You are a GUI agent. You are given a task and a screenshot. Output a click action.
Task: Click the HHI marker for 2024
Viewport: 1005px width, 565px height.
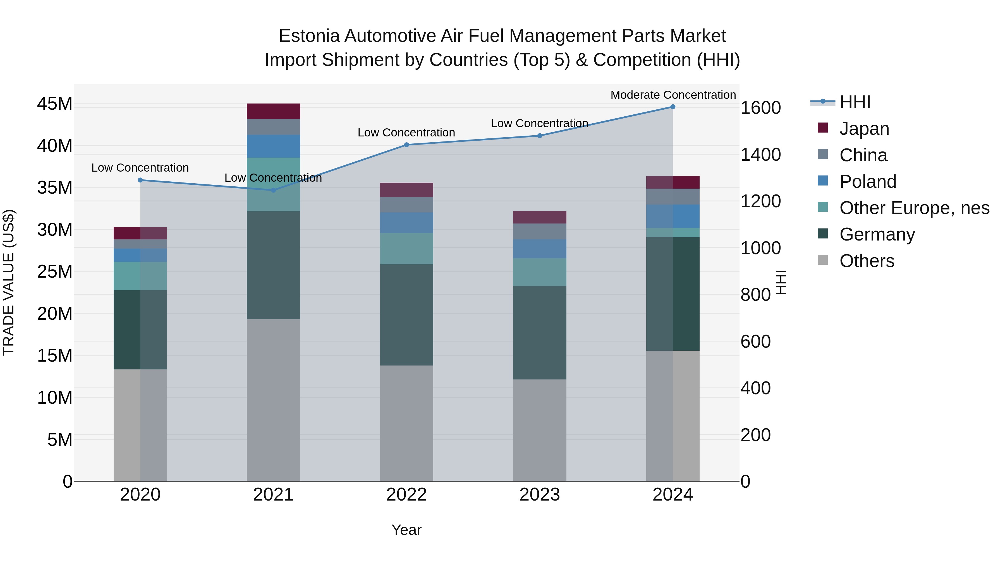[673, 107]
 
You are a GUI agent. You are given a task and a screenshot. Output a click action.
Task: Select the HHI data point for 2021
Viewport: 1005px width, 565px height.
[273, 190]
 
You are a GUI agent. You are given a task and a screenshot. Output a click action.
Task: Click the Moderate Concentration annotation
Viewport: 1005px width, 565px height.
[673, 95]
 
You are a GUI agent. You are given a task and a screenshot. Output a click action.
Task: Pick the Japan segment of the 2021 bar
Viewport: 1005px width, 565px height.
[273, 111]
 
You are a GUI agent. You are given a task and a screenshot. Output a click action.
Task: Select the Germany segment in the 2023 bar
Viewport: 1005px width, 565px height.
[540, 333]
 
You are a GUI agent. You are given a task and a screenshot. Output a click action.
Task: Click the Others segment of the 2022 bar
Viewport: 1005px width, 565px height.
[406, 423]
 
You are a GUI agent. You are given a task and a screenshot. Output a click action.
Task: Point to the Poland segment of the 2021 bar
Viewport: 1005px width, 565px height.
[273, 146]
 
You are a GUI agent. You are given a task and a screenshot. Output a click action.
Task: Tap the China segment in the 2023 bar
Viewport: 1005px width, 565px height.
[540, 231]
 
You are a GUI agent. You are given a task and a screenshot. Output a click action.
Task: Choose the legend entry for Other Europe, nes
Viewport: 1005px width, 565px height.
[914, 208]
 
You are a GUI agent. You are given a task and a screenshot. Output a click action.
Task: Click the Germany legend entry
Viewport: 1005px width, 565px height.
[877, 234]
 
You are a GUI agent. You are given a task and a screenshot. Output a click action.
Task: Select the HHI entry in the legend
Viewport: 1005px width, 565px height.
[855, 102]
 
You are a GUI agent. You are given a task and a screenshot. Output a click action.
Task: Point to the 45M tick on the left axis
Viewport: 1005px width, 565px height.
[55, 104]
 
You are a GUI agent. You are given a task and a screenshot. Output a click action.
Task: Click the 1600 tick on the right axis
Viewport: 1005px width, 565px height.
[760, 108]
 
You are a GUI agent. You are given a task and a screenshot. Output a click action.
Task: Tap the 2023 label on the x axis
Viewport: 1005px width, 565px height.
[540, 495]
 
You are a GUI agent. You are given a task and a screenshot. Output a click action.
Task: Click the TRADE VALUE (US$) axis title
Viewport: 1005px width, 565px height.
[9, 282]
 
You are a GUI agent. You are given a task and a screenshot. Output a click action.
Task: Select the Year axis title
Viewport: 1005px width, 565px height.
[406, 530]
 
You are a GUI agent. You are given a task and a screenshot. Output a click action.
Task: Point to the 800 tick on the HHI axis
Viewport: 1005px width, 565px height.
[755, 295]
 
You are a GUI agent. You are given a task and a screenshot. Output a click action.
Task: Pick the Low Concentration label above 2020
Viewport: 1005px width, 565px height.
[140, 168]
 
